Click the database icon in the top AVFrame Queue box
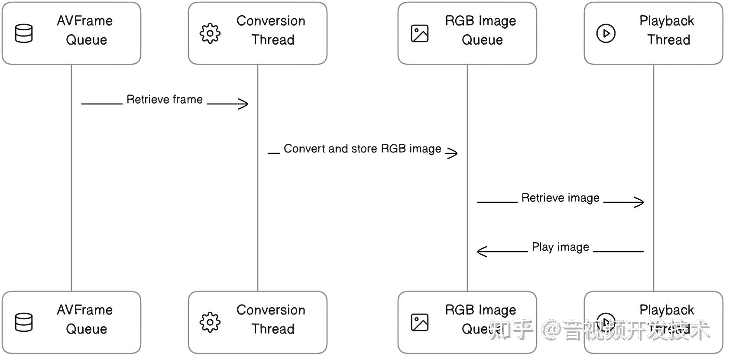point(24,33)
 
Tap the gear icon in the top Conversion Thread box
point(210,33)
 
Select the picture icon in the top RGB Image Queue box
point(419,33)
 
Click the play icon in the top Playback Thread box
point(606,33)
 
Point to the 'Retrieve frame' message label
point(165,100)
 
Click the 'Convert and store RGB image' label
point(362,149)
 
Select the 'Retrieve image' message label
point(560,198)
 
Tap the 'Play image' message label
point(560,247)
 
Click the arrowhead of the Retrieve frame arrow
point(244,104)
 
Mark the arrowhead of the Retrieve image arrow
point(640,202)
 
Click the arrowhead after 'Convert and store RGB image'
point(453,152)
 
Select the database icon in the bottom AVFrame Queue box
point(24,322)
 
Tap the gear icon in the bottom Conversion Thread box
point(210,322)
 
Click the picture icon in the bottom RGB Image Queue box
point(419,322)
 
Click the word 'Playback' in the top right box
point(667,21)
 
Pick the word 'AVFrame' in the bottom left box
point(85,310)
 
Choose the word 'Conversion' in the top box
point(271,21)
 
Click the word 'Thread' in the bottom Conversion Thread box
point(273,329)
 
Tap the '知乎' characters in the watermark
point(511,330)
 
